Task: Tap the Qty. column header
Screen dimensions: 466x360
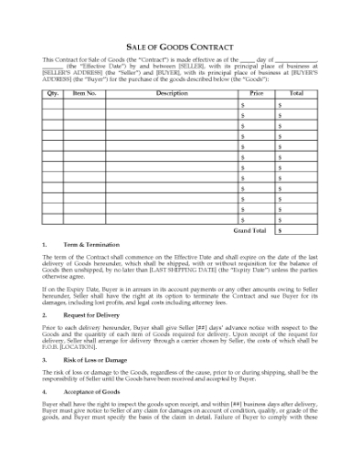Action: pyautogui.click(x=52, y=93)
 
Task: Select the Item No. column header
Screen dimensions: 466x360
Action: pyautogui.click(x=85, y=93)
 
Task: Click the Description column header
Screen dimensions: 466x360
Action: pyautogui.click(x=172, y=93)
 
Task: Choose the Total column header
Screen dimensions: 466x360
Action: pyautogui.click(x=296, y=93)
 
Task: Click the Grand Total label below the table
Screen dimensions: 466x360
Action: pyautogui.click(x=249, y=230)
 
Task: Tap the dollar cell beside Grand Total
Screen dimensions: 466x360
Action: pyautogui.click(x=296, y=230)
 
